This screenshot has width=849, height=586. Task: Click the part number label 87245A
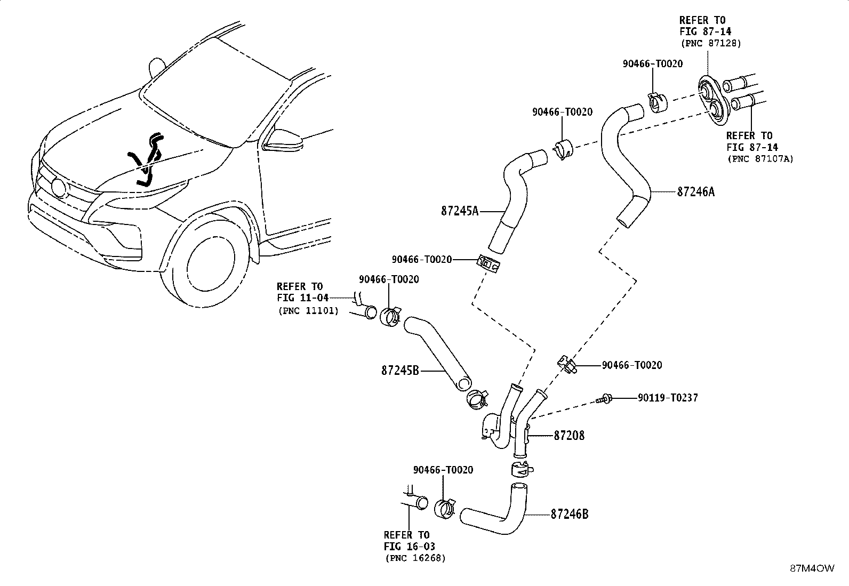[460, 211]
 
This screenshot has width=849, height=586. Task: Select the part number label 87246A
[696, 192]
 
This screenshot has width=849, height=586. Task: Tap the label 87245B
[401, 371]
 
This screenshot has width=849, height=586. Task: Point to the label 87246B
[569, 514]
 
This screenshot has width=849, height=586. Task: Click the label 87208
[569, 436]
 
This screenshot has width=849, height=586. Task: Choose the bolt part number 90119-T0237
[668, 398]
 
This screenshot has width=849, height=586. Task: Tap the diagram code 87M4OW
[812, 568]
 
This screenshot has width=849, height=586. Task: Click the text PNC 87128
[711, 43]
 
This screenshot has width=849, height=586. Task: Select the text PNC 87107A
[760, 158]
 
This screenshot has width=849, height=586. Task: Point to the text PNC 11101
[308, 311]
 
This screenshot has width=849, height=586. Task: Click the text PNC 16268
[415, 558]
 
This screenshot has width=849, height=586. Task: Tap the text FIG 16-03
[410, 546]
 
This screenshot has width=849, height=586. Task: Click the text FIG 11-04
[303, 298]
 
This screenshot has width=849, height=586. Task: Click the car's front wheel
[210, 258]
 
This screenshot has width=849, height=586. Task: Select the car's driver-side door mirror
[284, 140]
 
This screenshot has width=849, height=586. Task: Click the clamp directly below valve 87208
[522, 470]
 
